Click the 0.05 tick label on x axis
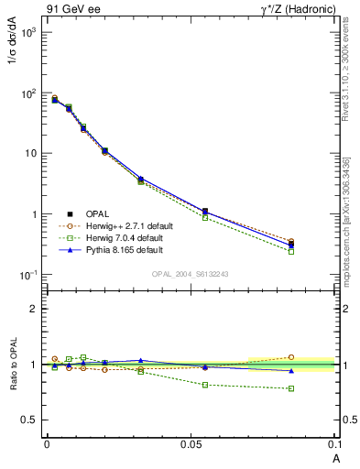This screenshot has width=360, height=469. [x=190, y=444]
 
